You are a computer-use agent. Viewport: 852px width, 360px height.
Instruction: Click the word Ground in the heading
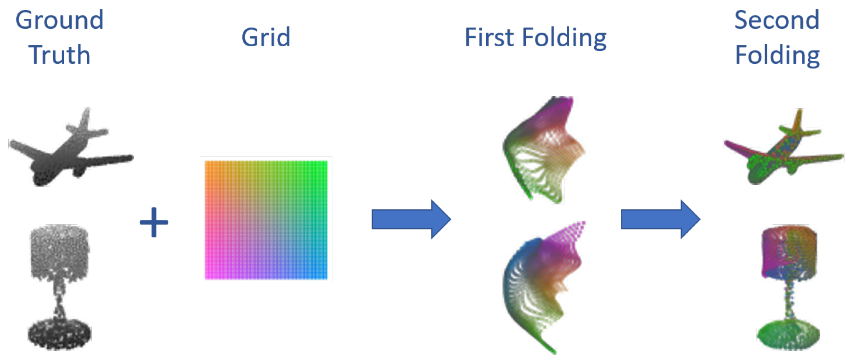[x=59, y=20]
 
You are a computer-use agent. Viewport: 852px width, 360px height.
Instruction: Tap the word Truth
[x=59, y=55]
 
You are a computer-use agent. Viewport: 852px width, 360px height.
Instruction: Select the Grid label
[x=266, y=38]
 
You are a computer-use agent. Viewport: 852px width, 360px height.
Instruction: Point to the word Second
[x=777, y=20]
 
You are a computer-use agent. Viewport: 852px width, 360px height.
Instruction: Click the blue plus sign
[x=154, y=222]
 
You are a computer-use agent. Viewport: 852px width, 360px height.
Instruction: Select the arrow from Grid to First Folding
[x=410, y=219]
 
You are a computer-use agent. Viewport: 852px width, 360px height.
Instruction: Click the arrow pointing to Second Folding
[x=660, y=219]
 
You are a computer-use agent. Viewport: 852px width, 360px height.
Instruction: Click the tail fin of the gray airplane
[x=85, y=119]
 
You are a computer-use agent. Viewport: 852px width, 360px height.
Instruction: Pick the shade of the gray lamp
[x=60, y=250]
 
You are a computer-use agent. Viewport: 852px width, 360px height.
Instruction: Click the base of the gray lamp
[x=60, y=334]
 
